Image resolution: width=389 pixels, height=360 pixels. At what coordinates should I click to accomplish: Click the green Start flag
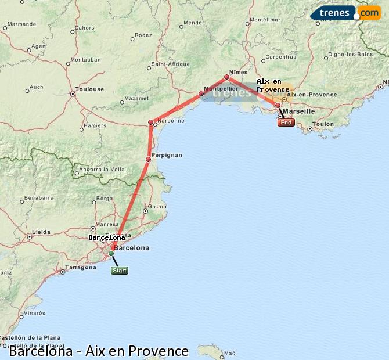click(120, 271)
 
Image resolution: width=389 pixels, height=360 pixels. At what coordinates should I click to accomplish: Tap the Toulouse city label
click(89, 89)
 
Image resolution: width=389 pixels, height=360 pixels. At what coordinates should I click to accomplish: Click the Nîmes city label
click(238, 72)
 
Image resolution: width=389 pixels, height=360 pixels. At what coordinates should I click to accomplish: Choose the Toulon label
click(323, 124)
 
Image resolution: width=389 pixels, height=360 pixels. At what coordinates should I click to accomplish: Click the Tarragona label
click(81, 268)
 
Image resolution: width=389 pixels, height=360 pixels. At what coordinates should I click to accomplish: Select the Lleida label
click(41, 232)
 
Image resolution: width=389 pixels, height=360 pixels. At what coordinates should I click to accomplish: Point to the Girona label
click(157, 206)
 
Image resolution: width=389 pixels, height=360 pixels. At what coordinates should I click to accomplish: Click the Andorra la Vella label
click(102, 170)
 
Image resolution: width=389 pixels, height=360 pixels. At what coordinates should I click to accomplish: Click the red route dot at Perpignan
click(149, 159)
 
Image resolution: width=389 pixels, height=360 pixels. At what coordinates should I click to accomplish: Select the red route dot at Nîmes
click(227, 77)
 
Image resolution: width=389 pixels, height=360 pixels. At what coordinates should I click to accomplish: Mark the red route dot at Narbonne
click(151, 122)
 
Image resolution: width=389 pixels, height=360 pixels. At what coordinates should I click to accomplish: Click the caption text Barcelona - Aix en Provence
click(99, 351)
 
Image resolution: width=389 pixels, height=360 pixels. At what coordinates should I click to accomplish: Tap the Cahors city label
click(85, 27)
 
